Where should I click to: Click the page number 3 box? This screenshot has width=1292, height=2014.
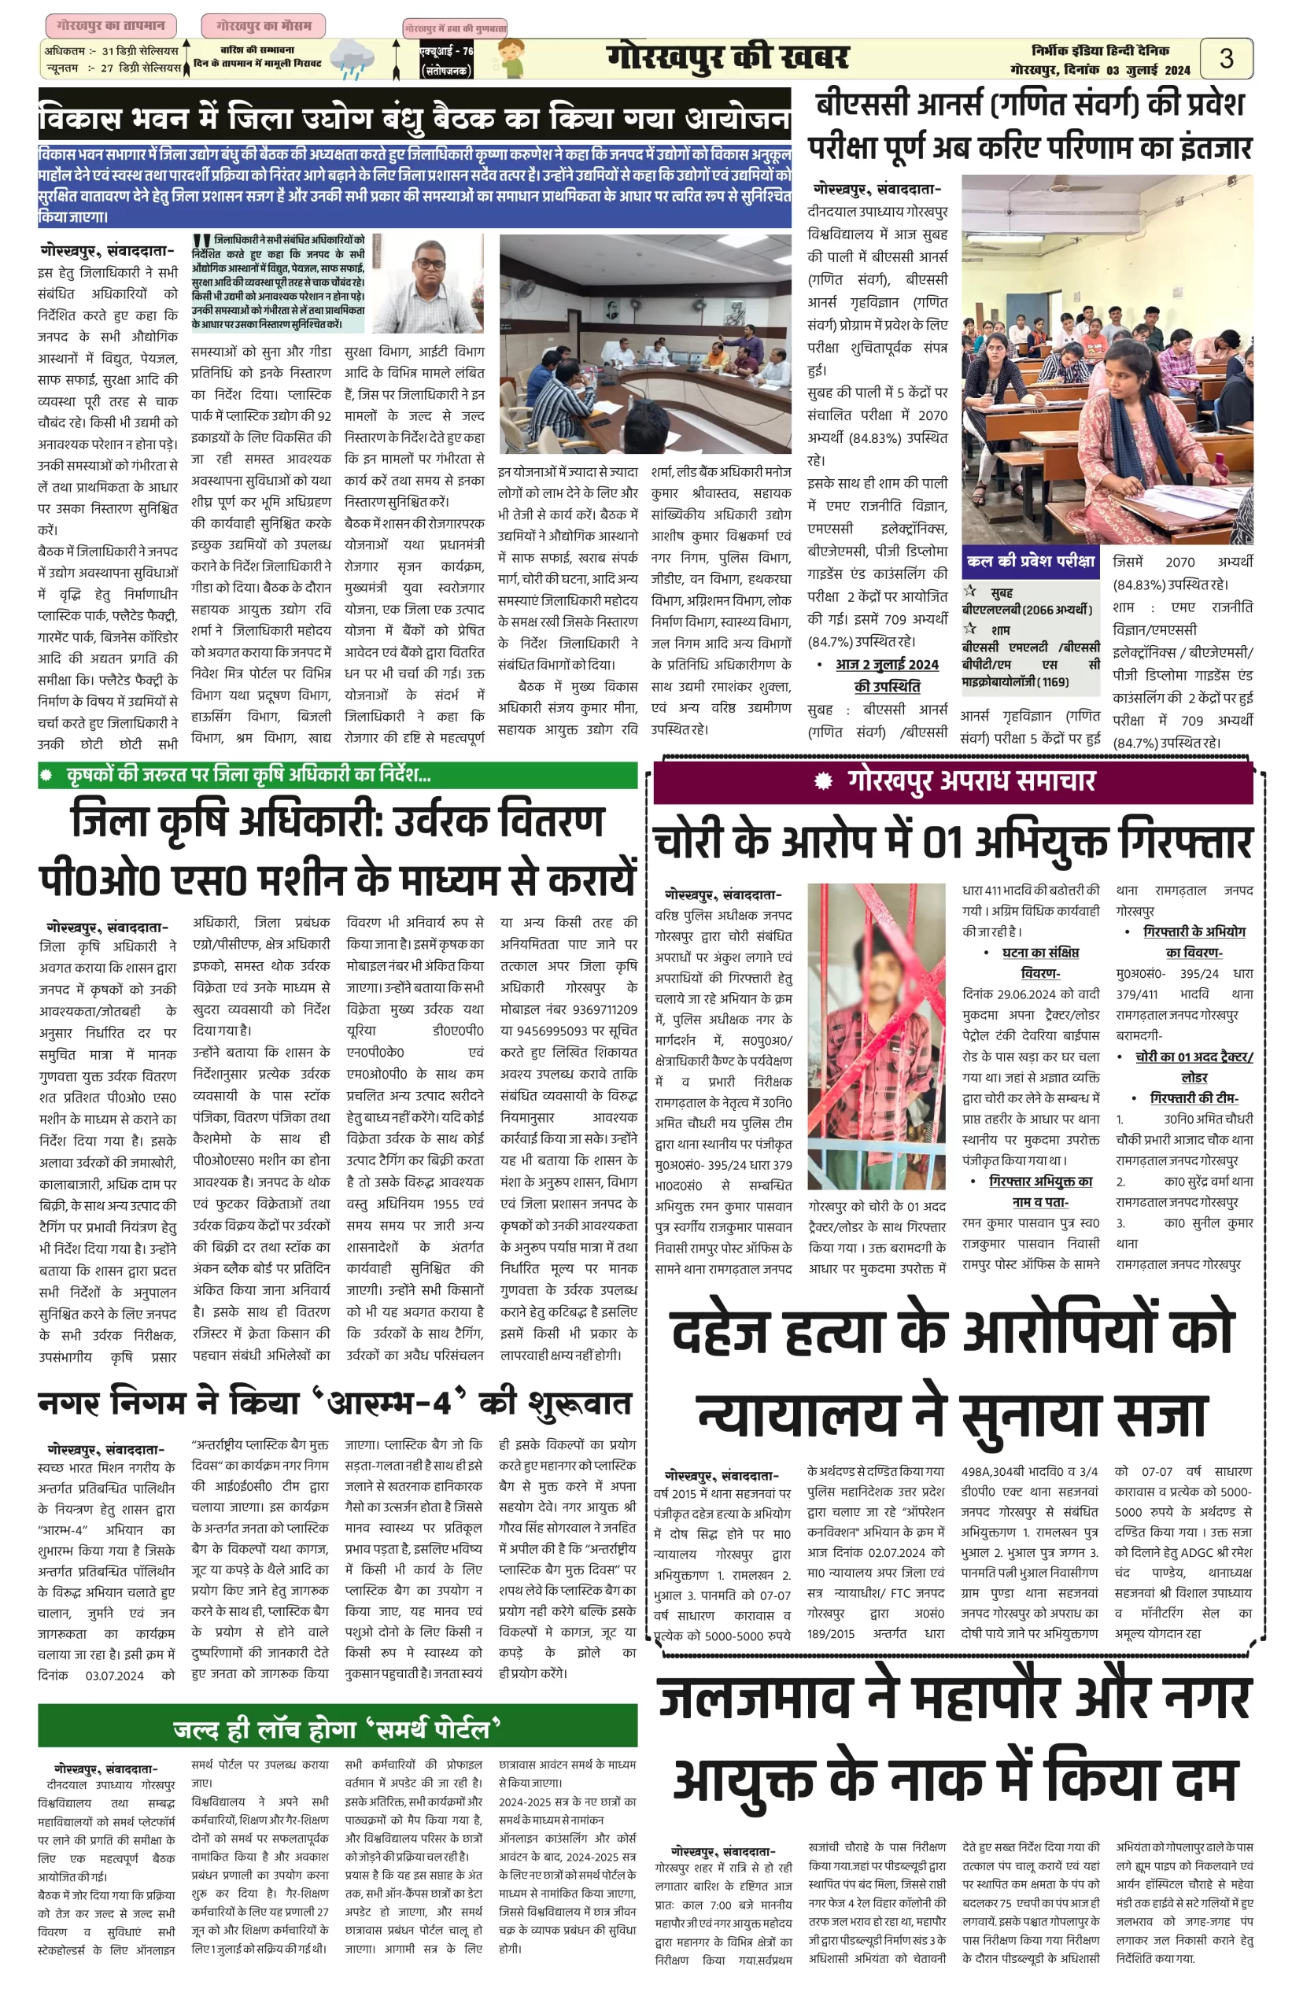click(x=1226, y=59)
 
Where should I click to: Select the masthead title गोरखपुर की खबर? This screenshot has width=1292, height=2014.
click(x=727, y=58)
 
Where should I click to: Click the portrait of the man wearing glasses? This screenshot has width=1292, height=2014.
click(x=429, y=282)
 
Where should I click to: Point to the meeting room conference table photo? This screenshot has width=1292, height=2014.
click(x=644, y=344)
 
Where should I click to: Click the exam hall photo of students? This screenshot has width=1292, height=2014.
click(x=1106, y=359)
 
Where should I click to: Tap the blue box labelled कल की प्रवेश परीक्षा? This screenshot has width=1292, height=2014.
click(x=1029, y=560)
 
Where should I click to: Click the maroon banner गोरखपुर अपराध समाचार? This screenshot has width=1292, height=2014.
click(x=953, y=781)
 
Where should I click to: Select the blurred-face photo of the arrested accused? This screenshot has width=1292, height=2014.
click(x=877, y=1035)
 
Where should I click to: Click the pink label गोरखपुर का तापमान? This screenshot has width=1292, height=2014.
click(x=111, y=25)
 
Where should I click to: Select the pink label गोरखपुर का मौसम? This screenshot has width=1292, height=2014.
click(x=263, y=26)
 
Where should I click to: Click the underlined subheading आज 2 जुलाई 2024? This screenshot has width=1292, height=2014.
click(x=887, y=664)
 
